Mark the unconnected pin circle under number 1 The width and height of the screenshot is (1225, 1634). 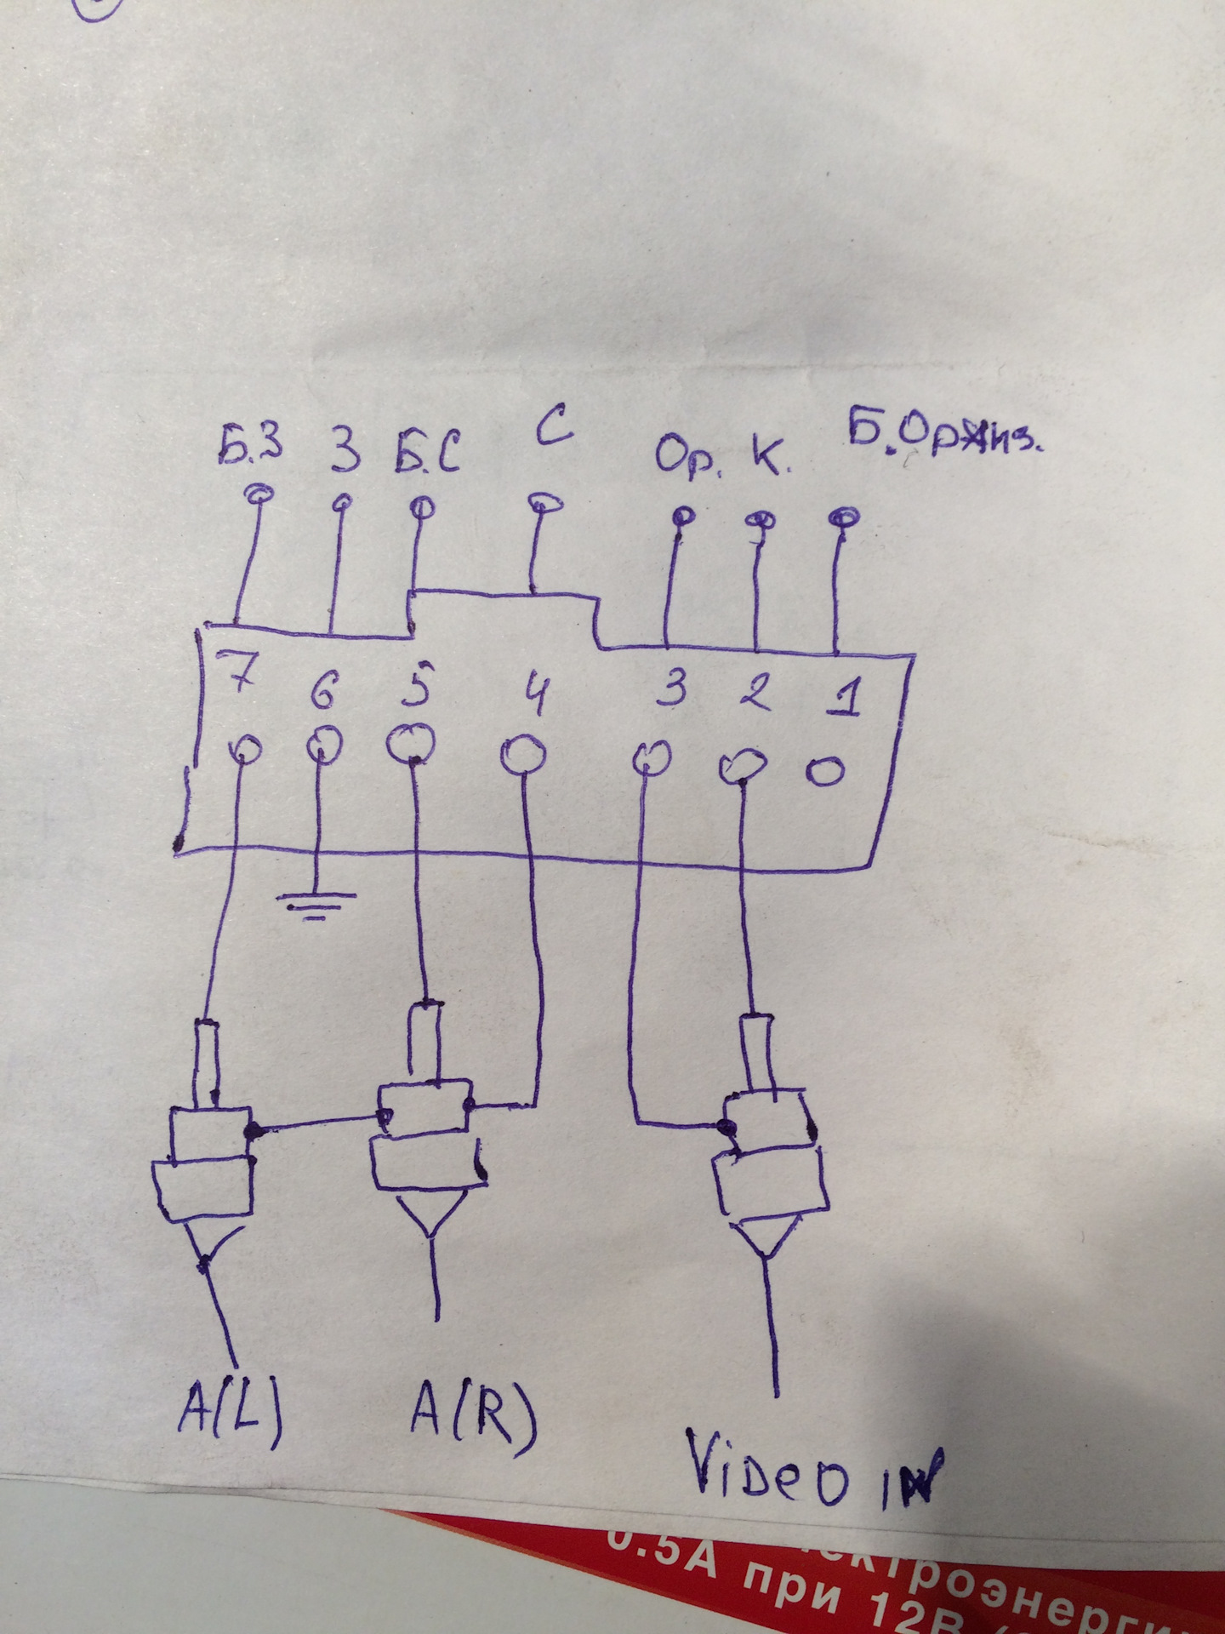(x=824, y=771)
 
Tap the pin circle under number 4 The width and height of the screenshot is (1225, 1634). (x=523, y=754)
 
